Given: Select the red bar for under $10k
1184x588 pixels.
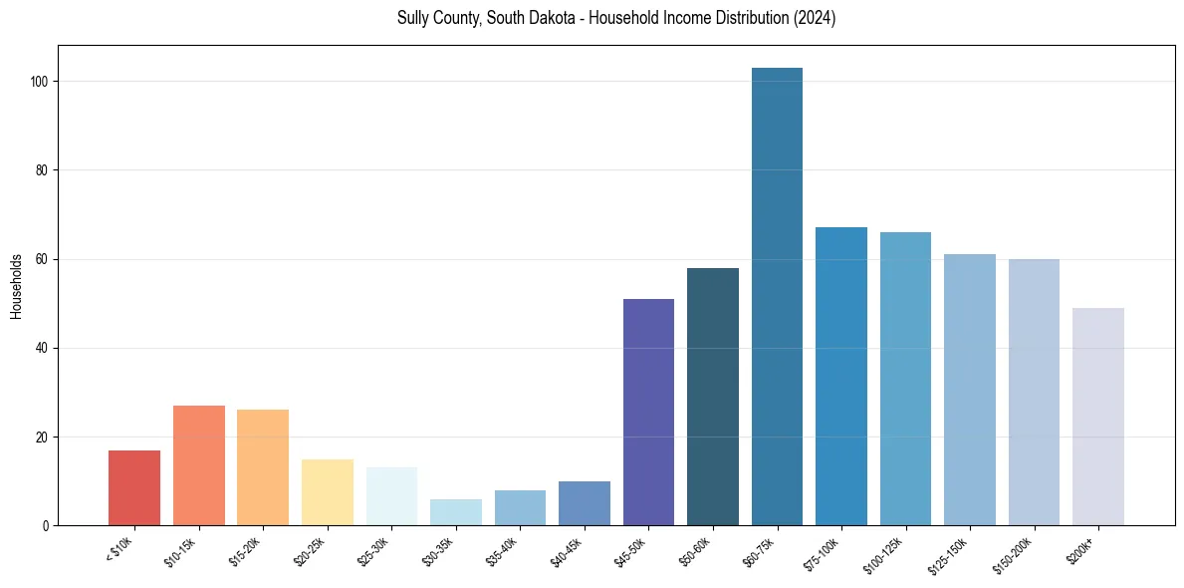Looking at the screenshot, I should click(134, 487).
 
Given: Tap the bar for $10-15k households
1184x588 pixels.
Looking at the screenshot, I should click(198, 465).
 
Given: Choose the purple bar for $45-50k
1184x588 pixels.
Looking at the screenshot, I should click(648, 412).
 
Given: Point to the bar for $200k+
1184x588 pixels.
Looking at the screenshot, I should click(1097, 417).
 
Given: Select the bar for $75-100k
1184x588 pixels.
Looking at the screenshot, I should click(840, 376).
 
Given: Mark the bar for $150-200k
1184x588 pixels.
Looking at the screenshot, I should click(1034, 392).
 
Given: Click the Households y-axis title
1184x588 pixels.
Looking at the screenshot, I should click(16, 286).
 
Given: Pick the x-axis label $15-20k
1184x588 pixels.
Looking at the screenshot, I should click(247, 551).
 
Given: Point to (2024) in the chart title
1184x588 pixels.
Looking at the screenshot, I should click(816, 19).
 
